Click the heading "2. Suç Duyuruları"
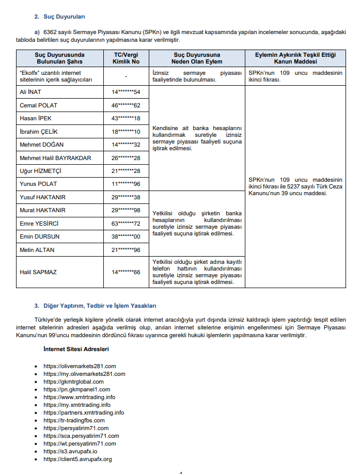click(x=60, y=16)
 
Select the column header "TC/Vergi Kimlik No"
click(x=126, y=58)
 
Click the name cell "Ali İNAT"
click(x=30, y=92)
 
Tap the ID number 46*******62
click(x=126, y=105)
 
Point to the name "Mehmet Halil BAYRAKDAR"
click(x=55, y=157)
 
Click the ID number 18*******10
click(x=126, y=132)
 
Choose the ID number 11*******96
click(x=126, y=184)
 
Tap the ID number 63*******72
click(x=126, y=224)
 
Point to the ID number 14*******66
click(x=126, y=272)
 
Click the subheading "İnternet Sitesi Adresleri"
click(x=76, y=350)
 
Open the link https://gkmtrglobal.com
click(x=73, y=382)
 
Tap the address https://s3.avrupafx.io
click(x=70, y=451)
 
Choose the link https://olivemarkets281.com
click(x=80, y=366)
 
